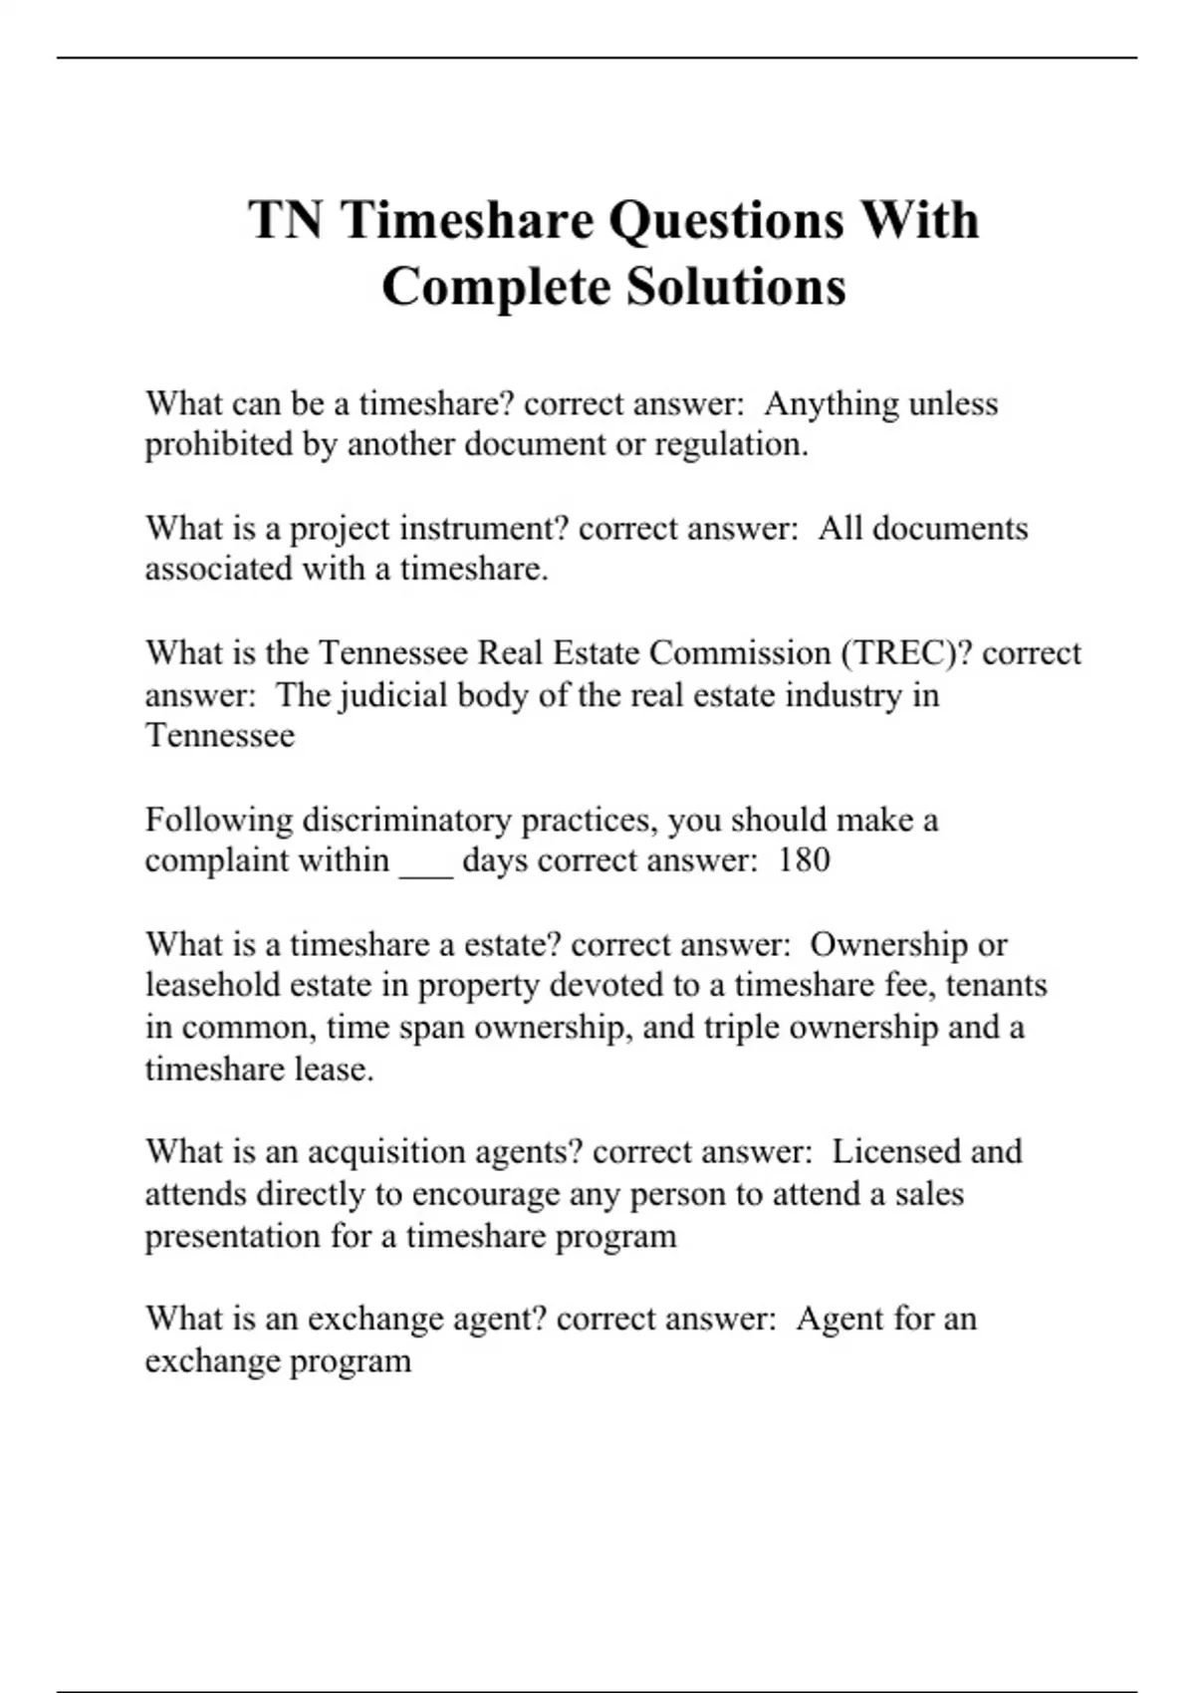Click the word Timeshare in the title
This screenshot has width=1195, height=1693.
[x=466, y=220]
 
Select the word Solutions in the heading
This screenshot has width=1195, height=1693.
[x=736, y=287]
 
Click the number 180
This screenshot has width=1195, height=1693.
[x=804, y=859]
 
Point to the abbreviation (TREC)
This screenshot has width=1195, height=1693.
[x=906, y=652]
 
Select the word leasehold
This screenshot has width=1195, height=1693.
[x=212, y=985]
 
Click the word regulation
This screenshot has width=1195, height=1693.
[x=730, y=444]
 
